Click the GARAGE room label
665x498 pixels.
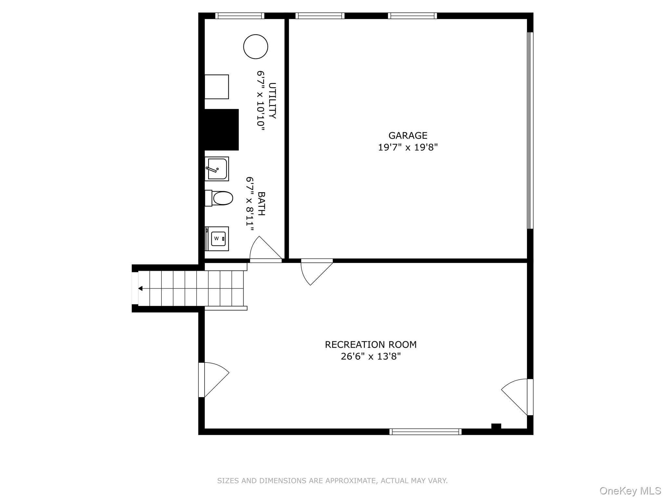(408, 136)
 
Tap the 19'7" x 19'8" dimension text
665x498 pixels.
(408, 148)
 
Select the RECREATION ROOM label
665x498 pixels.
(371, 345)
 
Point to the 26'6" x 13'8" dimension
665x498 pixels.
(371, 357)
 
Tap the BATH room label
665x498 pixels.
(261, 204)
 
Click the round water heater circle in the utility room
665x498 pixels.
(256, 47)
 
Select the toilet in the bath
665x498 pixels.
(219, 198)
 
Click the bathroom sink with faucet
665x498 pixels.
(217, 169)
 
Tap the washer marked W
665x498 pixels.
(217, 239)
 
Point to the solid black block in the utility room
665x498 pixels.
(221, 130)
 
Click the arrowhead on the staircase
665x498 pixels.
(140, 288)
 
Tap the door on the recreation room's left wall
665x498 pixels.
(214, 380)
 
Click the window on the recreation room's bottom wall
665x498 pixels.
(425, 432)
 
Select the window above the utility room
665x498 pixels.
(240, 16)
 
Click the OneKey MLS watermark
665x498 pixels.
(630, 491)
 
